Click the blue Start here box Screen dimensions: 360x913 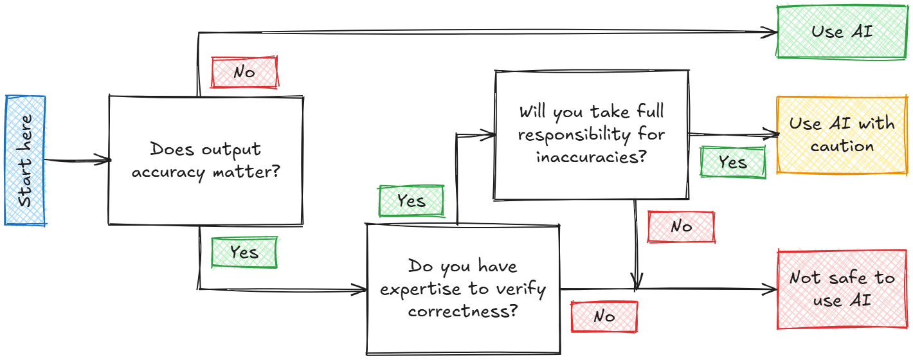26,161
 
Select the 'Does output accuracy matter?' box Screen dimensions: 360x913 206,161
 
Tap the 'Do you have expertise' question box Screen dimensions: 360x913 463,289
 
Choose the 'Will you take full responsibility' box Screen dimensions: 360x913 591,135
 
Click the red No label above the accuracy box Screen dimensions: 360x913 244,72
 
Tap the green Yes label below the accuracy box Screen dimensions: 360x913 244,252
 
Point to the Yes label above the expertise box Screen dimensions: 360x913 411,201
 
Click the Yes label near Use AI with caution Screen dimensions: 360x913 733,162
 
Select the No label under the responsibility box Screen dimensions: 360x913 681,226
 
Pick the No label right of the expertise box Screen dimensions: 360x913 604,316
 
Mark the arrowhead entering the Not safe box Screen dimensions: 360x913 771,289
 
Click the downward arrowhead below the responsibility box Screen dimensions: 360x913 637,282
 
